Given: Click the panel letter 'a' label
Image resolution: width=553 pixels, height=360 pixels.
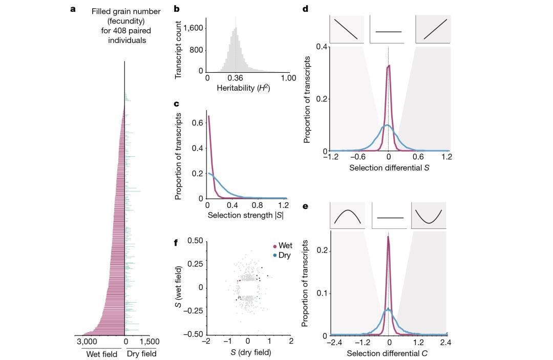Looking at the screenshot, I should (x=73, y=9).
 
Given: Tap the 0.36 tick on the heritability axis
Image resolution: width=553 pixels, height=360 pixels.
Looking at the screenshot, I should (x=235, y=78).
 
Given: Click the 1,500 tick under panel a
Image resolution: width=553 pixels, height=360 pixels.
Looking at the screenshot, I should (x=149, y=342).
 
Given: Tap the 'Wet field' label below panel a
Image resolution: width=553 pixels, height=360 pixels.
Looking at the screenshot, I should (x=99, y=354).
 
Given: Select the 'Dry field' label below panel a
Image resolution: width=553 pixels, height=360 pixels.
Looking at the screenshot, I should (x=141, y=354).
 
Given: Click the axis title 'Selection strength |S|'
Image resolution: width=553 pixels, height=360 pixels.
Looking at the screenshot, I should (x=245, y=216).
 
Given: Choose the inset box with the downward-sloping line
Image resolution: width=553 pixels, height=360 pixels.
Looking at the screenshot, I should (x=346, y=29).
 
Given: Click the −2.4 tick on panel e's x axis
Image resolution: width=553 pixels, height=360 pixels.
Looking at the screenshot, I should (x=334, y=342).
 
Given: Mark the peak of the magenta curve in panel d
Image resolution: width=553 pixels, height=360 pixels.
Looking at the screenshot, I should (x=389, y=66).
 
